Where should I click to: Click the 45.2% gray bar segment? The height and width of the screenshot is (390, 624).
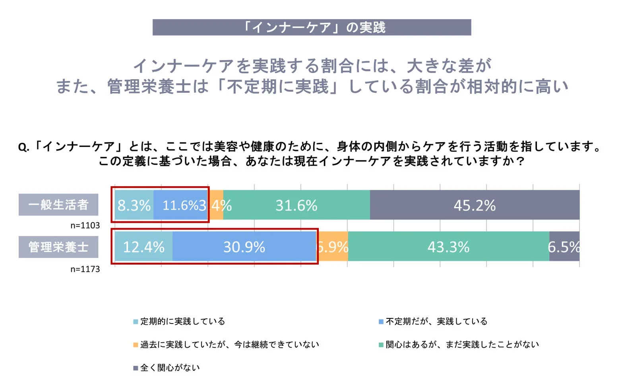(475, 205)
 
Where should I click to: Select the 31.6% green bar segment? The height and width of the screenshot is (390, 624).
(296, 205)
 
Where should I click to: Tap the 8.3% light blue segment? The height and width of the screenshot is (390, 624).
(134, 205)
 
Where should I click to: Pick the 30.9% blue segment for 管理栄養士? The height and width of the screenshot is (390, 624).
(244, 247)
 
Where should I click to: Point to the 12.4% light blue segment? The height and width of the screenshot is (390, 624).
(143, 247)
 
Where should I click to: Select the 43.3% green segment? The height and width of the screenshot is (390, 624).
(448, 247)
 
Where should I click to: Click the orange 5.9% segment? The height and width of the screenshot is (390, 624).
(333, 247)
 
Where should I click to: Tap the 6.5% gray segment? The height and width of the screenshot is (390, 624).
(564, 247)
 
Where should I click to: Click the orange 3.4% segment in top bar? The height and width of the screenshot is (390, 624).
(217, 205)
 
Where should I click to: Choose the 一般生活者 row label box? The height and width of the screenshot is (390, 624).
(58, 205)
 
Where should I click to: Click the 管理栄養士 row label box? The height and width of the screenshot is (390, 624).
(58, 247)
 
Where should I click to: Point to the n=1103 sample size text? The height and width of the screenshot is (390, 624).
(85, 225)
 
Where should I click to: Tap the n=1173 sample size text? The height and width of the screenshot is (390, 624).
(85, 269)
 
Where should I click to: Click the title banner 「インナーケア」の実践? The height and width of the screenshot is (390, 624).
(312, 27)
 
